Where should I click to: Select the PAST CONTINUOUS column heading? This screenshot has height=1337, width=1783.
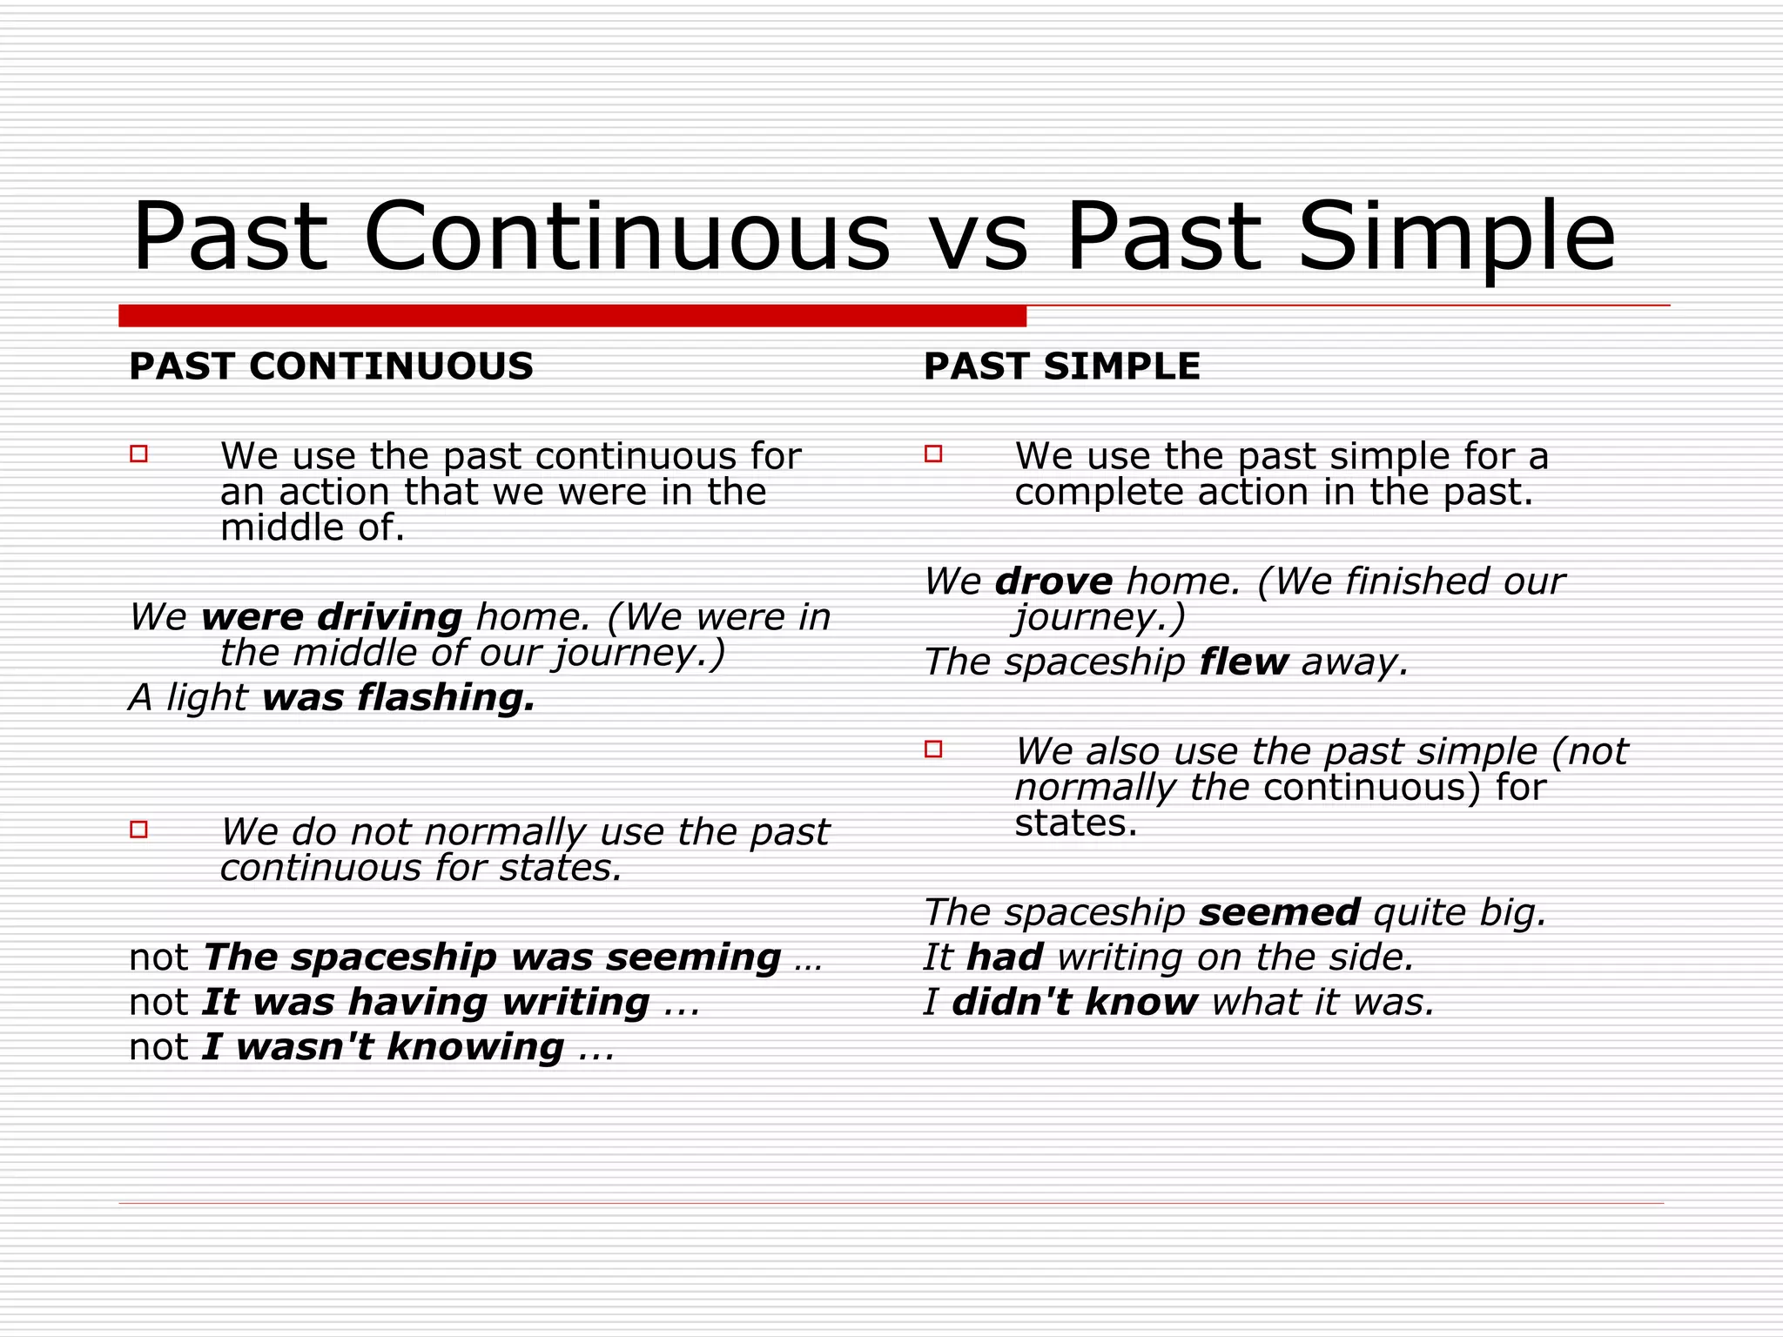coord(331,366)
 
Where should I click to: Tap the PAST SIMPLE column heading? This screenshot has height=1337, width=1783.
coord(1061,366)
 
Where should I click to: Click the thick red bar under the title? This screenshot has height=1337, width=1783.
coord(572,316)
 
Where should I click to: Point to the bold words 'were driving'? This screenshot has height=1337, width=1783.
coord(332,617)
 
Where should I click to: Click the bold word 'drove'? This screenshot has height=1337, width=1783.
coord(1053,581)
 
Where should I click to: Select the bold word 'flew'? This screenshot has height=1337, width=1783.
coord(1243,662)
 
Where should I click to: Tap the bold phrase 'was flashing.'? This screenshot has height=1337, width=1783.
coord(399,698)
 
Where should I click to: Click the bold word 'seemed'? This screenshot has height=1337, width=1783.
coord(1279,913)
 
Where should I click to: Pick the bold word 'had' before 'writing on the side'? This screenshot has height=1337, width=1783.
coord(1005,957)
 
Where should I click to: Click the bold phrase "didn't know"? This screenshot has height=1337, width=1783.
coord(1074,1003)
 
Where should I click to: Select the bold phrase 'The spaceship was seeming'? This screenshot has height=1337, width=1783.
coord(492,957)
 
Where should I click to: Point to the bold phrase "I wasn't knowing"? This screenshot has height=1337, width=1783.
coord(383,1047)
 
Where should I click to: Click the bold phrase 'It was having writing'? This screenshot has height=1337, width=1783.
coord(426,1003)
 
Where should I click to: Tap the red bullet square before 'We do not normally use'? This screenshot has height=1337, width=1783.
coord(138,830)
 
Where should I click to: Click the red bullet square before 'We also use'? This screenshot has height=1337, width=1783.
coord(933,749)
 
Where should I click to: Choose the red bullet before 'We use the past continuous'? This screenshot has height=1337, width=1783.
coord(138,454)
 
